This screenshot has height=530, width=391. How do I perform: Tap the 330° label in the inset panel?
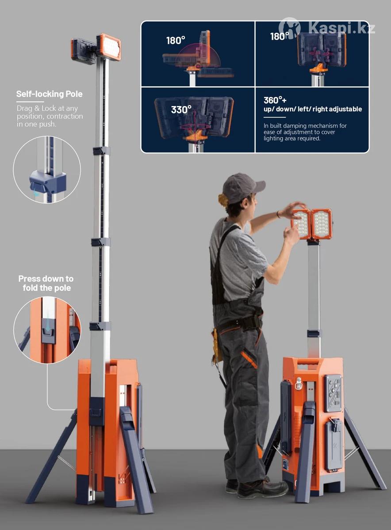click(181, 110)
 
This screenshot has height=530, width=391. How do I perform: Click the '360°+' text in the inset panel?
click(275, 100)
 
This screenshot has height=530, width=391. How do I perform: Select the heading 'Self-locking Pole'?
click(49, 94)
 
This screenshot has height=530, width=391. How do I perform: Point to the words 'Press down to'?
click(46, 279)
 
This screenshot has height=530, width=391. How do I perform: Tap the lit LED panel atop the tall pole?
click(109, 47)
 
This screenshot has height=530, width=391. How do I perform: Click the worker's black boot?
click(262, 488)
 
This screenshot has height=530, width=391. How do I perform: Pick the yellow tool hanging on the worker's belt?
click(217, 345)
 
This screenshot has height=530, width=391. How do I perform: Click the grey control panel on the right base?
click(333, 393)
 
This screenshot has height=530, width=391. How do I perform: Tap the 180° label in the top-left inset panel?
click(176, 41)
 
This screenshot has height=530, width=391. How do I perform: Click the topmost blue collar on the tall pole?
click(101, 151)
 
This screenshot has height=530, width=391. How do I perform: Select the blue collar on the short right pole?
click(314, 333)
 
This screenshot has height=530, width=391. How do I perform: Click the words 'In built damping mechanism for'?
click(305, 125)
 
